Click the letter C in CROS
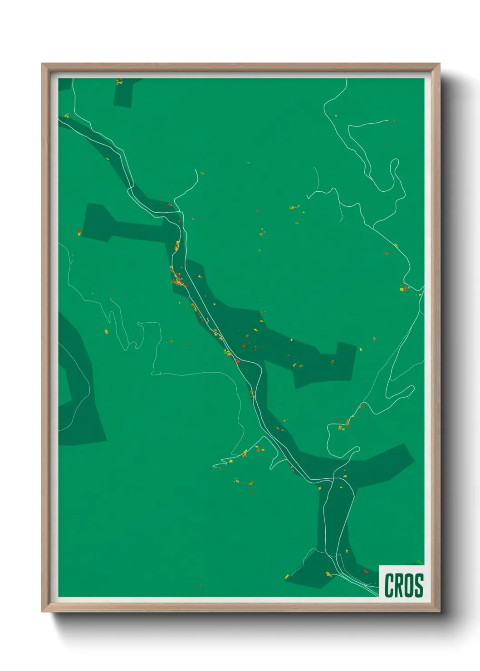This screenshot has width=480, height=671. click(389, 585)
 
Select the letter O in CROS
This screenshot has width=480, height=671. click(409, 585)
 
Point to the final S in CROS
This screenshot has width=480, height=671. click(418, 585)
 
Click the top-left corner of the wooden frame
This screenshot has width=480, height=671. click(42, 64)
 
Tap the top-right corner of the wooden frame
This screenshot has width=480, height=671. click(439, 64)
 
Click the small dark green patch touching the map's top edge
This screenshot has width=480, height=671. click(125, 93)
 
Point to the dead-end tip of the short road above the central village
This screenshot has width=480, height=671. click(196, 170)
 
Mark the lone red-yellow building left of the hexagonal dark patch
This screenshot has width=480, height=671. click(79, 233)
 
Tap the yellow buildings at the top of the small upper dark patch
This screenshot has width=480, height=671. click(119, 82)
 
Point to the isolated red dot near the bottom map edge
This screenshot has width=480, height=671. click(200, 585)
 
